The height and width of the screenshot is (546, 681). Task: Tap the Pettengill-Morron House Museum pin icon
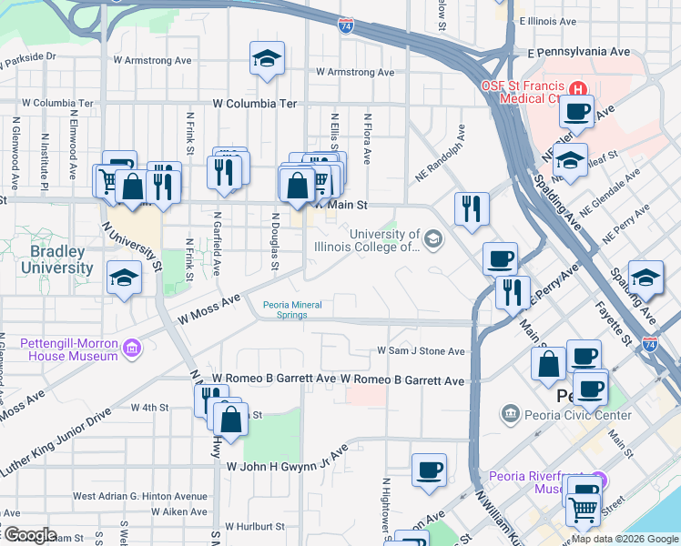132,347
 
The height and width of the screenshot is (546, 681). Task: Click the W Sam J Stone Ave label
422,351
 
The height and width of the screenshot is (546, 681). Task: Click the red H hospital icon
577,87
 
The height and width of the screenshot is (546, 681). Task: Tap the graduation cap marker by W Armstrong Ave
266,60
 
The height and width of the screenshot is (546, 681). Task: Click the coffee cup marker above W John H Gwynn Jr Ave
429,470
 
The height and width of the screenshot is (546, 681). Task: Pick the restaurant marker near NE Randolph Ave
472,209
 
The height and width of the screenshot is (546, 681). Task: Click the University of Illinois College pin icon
433,239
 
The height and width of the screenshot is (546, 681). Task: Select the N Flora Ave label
367,139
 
